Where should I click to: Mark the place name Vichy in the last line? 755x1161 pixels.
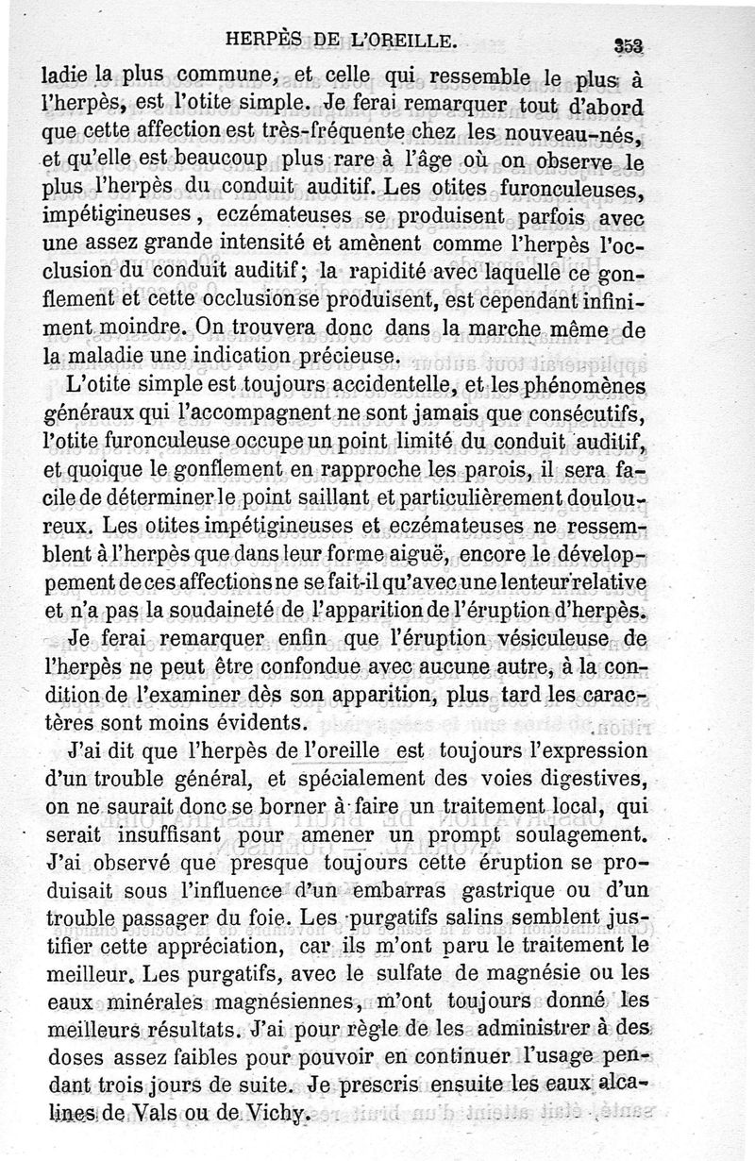276,1116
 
